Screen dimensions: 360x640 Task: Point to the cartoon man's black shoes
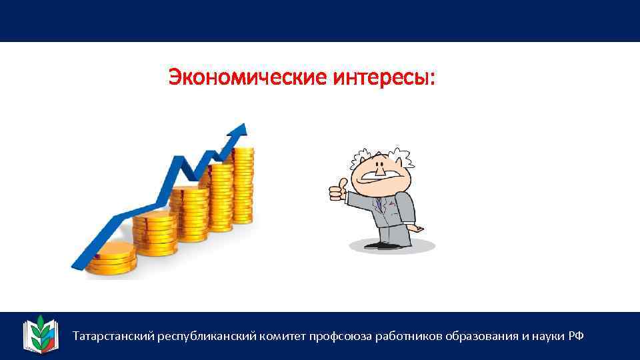click(x=383, y=245)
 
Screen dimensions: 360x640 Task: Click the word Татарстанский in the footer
click(x=113, y=336)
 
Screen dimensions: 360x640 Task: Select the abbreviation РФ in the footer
click(x=576, y=336)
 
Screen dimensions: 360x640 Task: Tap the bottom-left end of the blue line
click(x=75, y=265)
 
